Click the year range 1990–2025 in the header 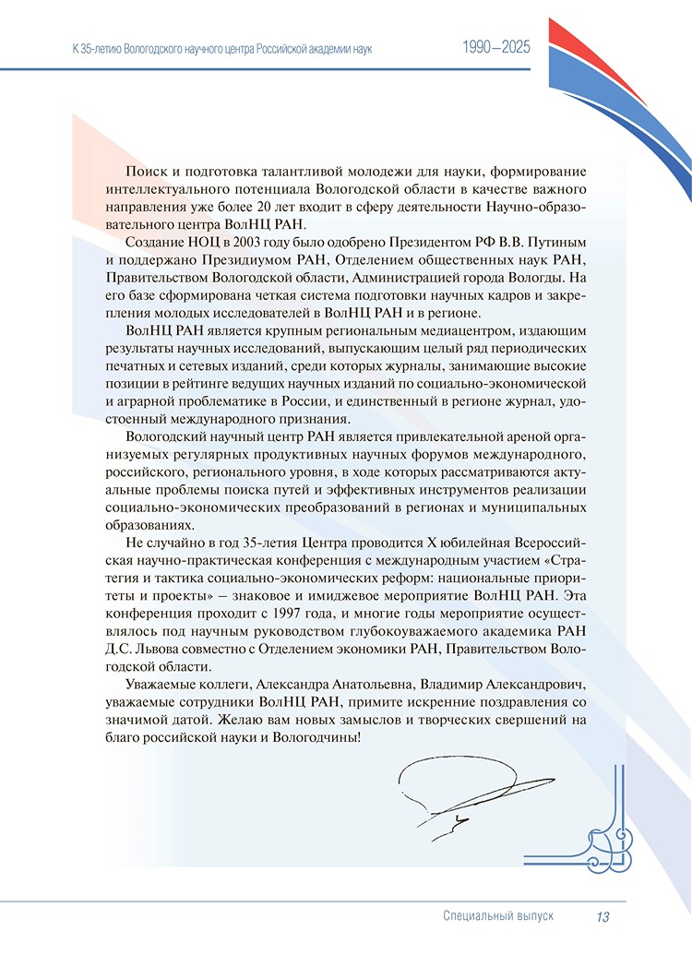[496, 47]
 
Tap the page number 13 [603, 916]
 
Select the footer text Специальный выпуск [498, 916]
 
